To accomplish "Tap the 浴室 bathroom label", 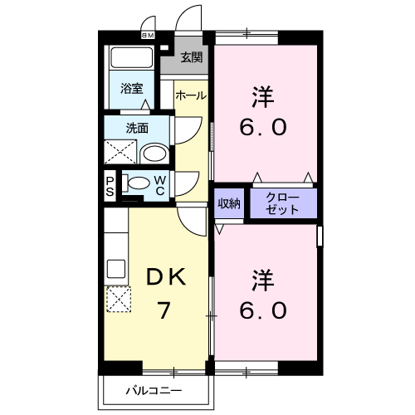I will (130, 87).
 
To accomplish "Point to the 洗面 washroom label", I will (137, 128).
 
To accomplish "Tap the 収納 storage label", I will (229, 203).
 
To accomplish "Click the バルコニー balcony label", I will (151, 388).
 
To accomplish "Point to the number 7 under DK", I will (164, 311).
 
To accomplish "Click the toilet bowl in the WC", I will (138, 183).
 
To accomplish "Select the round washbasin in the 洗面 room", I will (153, 154).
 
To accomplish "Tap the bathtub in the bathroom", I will (131, 59).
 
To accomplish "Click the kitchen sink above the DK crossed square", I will (116, 271).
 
